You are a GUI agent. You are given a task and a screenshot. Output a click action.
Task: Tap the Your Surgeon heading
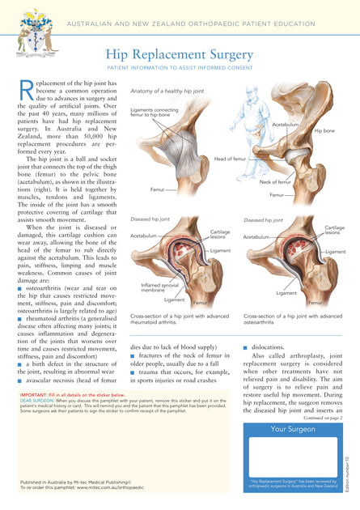click(x=292, y=429)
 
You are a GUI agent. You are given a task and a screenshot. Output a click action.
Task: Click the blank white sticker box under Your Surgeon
click(x=292, y=457)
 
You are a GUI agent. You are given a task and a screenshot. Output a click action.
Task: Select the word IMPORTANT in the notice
click(x=35, y=394)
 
